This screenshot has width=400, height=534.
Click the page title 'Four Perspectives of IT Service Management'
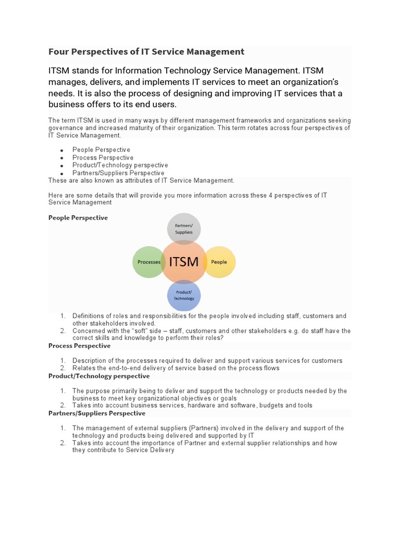pyautogui.click(x=146, y=52)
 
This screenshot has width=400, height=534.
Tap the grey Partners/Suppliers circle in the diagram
pyautogui.click(x=184, y=229)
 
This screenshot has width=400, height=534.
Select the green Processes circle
pyautogui.click(x=148, y=262)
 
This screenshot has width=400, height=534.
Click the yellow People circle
pyautogui.click(x=219, y=262)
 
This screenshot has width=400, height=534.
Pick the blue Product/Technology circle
pyautogui.click(x=184, y=295)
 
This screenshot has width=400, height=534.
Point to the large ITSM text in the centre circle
pyautogui.click(x=183, y=261)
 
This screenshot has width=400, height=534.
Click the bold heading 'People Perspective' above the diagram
pyautogui.click(x=78, y=218)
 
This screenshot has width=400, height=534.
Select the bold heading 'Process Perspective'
pyautogui.click(x=79, y=346)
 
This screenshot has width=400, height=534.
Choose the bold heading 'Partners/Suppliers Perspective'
pyautogui.click(x=97, y=413)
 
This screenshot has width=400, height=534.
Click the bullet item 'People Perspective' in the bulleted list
pyautogui.click(x=101, y=150)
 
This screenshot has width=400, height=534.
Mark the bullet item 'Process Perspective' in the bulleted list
pyautogui.click(x=103, y=157)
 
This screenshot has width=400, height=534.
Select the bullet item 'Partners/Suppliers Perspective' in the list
pyautogui.click(x=118, y=173)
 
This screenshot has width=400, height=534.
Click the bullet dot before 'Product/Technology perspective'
pyautogui.click(x=61, y=166)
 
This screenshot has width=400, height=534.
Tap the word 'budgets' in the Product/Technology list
pyautogui.click(x=270, y=405)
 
